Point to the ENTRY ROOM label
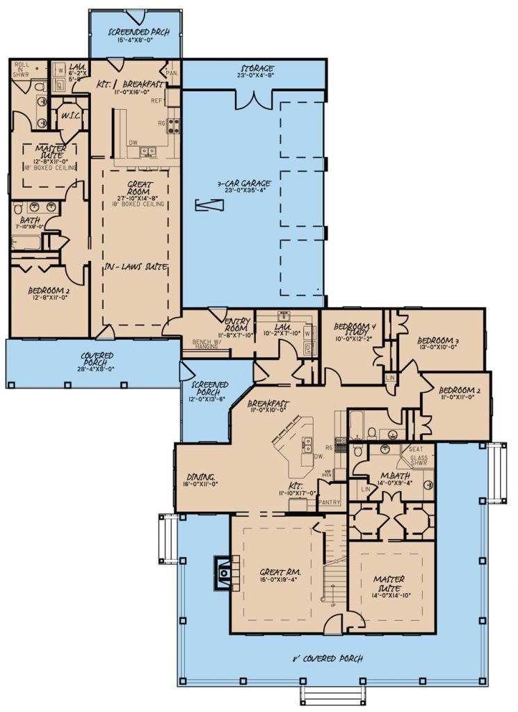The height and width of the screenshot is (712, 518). coord(238,324)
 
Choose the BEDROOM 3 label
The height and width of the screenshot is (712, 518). coord(438,340)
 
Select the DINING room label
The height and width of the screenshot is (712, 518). coord(199,477)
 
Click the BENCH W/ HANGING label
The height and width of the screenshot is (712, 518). coord(206,346)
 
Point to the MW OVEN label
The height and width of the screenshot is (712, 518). coord(325,475)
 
